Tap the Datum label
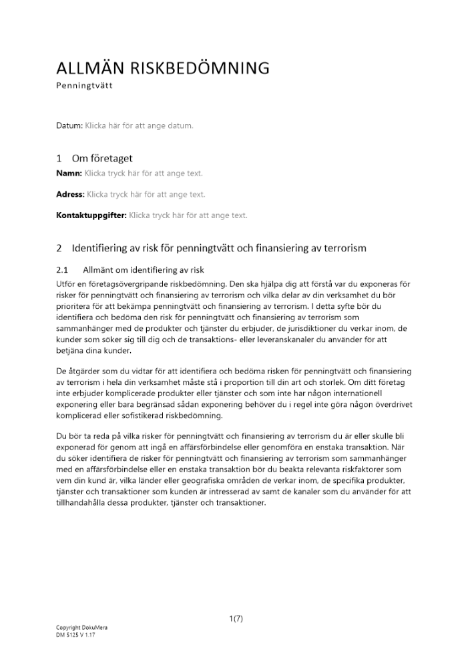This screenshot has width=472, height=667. click(69, 125)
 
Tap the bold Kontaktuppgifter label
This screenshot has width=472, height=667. click(91, 215)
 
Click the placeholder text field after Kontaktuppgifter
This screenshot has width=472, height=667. click(188, 215)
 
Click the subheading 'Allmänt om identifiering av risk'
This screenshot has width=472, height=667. click(143, 270)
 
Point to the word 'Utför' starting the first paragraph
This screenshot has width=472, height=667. click(66, 283)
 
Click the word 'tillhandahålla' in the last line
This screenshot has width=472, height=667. click(82, 503)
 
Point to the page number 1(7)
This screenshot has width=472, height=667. click(236, 618)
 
